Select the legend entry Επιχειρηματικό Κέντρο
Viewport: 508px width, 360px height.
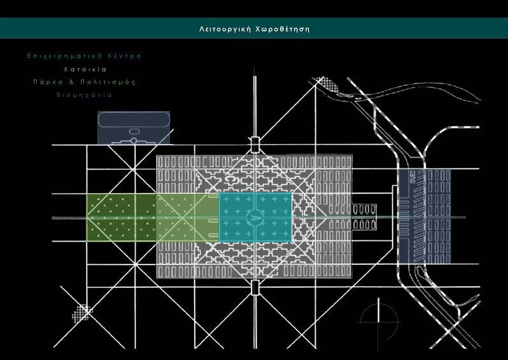pos(84,56)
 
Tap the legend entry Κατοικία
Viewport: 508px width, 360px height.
pos(84,69)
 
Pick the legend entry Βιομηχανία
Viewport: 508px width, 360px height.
pos(84,94)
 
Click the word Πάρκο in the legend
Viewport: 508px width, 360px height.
pos(46,82)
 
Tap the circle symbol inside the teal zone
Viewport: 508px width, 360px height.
pos(255,217)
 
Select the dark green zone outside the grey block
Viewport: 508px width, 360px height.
pos(122,217)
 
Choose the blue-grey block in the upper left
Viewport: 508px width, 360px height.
pos(134,127)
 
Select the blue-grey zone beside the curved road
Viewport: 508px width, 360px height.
pos(424,216)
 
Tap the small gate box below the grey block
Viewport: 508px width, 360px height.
pos(255,288)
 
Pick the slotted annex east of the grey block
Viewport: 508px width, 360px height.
pos(365,217)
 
